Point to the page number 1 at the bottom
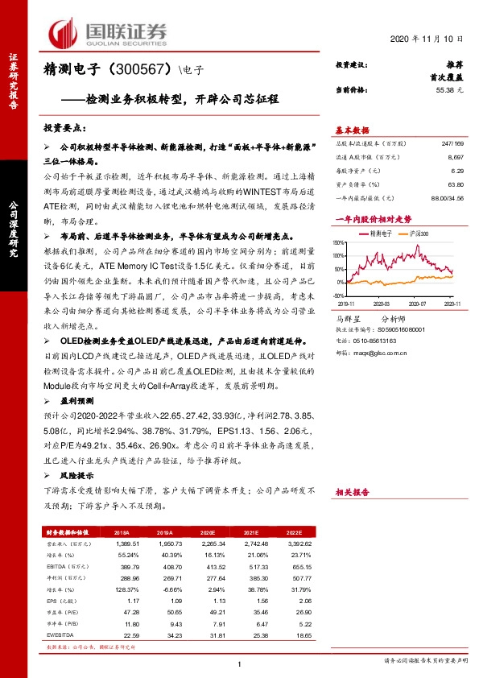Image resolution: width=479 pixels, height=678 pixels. coord(241,664)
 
